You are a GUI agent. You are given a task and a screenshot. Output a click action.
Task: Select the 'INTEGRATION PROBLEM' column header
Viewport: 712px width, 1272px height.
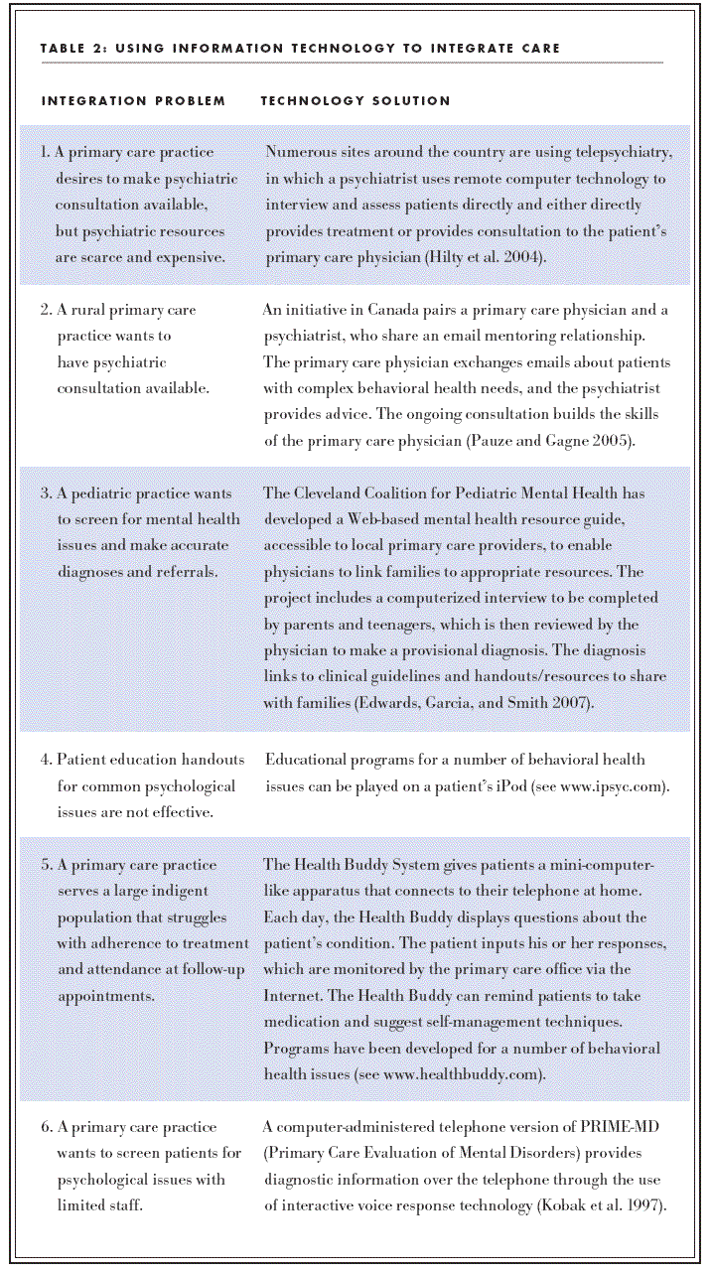133,101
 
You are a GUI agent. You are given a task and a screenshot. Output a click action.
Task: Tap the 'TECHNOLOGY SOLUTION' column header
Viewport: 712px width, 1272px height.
356,101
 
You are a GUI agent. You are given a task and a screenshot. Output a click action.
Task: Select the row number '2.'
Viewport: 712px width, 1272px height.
46,310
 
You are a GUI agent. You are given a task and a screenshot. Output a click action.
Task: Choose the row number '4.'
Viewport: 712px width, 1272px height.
46,760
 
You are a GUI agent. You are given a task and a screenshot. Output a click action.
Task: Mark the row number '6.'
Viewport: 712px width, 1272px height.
46,1127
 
